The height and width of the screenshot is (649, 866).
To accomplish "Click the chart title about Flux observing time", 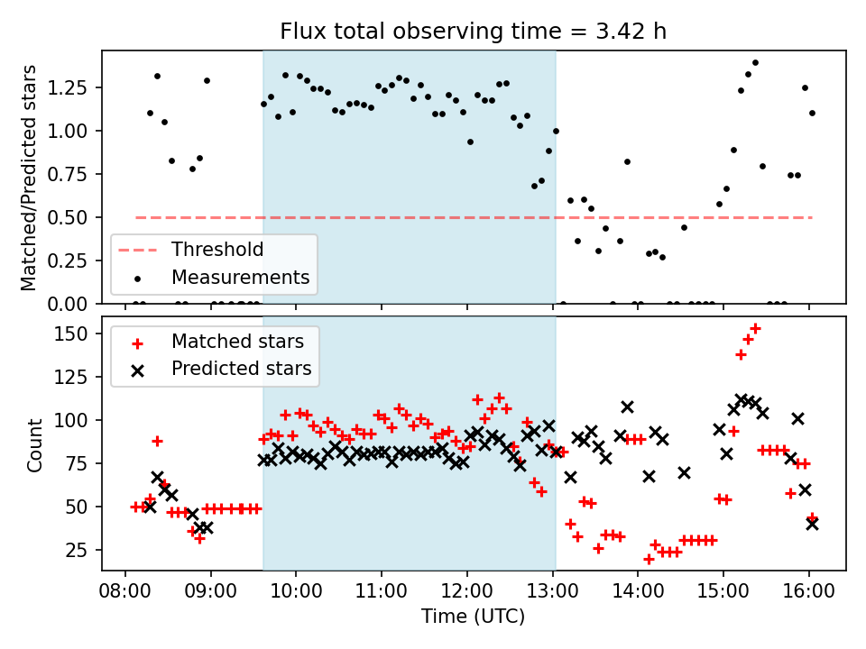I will [x=474, y=32].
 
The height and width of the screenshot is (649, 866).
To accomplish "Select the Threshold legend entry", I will [x=217, y=250].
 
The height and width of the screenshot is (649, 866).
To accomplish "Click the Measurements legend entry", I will [x=240, y=277].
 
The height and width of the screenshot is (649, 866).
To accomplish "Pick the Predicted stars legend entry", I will [x=241, y=368].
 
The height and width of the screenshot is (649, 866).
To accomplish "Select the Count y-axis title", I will [x=35, y=444].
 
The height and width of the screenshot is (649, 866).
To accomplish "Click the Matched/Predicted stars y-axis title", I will [x=30, y=178].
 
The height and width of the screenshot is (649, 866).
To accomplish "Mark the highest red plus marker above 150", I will [x=755, y=329].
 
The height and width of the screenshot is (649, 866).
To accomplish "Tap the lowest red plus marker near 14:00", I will [x=649, y=559].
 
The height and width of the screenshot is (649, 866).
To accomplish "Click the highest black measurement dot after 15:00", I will [x=755, y=63].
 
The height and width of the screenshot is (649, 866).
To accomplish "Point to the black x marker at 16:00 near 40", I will [x=812, y=524].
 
